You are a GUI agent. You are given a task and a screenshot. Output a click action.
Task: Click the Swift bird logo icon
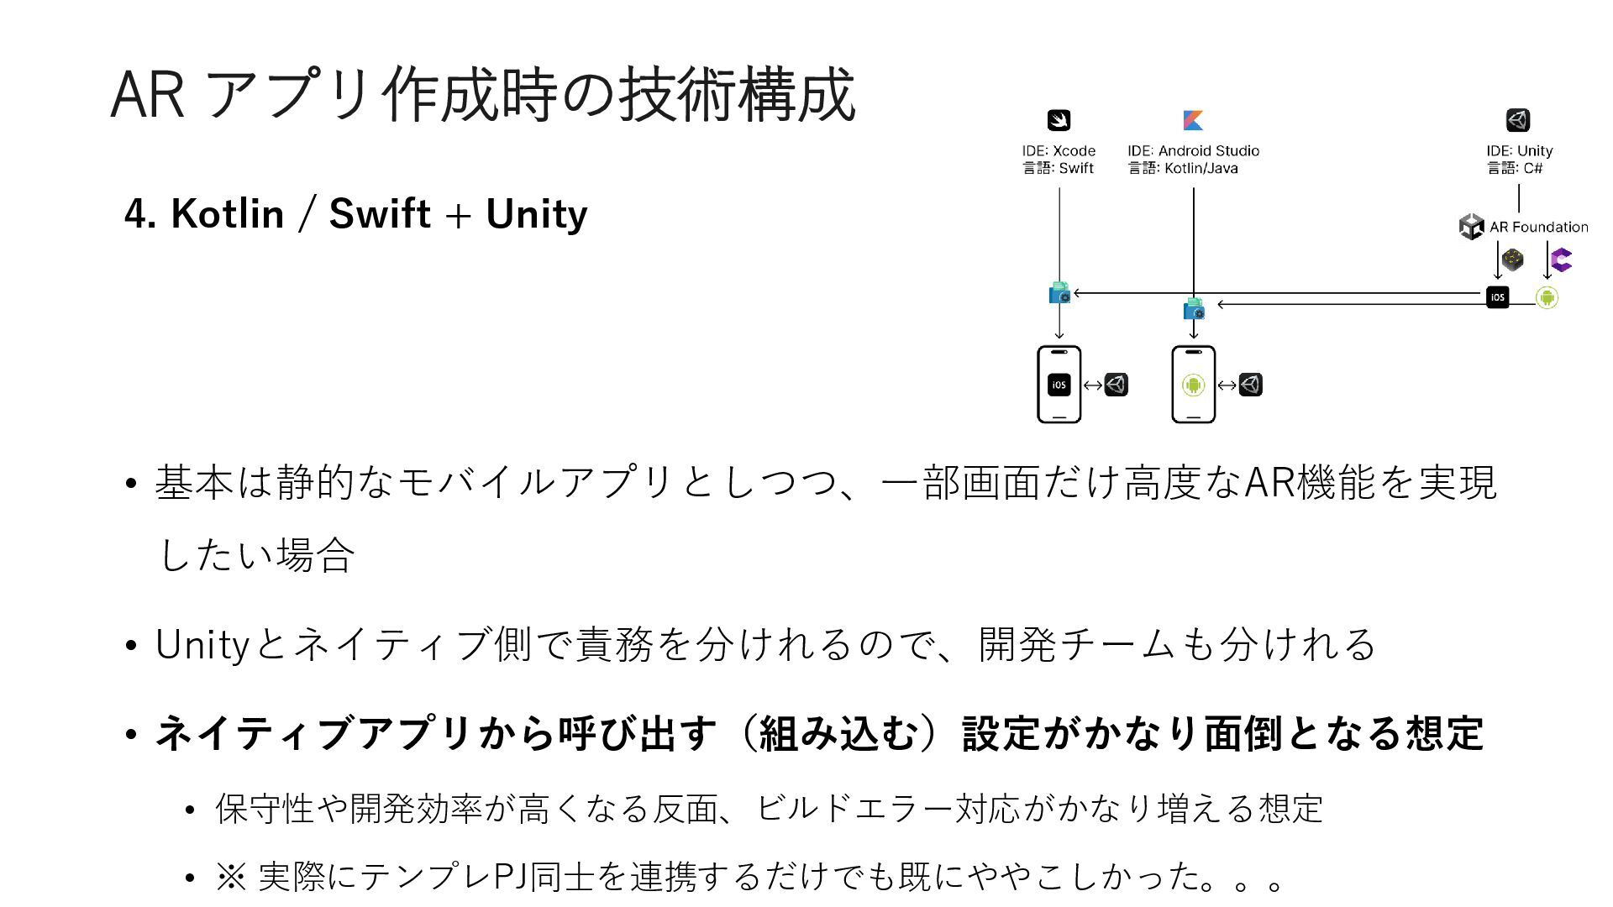(1059, 120)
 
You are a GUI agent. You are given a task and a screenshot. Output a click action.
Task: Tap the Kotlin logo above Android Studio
(1193, 120)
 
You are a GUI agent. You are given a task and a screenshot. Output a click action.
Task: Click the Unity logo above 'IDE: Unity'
(1517, 120)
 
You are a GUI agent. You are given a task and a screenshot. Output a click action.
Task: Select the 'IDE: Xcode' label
(1059, 151)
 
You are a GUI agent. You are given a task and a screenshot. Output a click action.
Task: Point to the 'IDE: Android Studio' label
(1193, 151)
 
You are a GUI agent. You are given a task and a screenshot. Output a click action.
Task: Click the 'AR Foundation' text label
(1538, 227)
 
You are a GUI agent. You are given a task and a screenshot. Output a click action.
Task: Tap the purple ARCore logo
(1561, 260)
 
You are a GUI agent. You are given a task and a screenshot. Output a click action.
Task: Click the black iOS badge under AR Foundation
(1497, 297)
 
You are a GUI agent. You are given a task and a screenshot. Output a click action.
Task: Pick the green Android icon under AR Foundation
(1547, 297)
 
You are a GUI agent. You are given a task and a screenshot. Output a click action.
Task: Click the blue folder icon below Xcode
(1059, 293)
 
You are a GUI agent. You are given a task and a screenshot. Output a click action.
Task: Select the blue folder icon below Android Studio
(1193, 309)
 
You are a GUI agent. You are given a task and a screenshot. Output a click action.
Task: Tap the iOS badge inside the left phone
(1059, 385)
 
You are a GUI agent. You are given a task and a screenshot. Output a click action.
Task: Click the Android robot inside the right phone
(1193, 385)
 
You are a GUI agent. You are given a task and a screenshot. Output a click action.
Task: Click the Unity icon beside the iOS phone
(1116, 385)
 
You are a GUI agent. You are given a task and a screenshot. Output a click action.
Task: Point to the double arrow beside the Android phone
(1227, 385)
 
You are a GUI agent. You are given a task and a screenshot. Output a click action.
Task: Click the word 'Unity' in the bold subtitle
(536, 214)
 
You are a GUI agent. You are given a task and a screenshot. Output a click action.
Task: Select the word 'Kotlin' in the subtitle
(228, 214)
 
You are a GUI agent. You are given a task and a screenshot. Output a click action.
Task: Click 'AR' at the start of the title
(147, 95)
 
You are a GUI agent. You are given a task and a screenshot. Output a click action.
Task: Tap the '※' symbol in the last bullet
(230, 877)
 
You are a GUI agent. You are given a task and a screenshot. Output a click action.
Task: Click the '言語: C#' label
(1515, 168)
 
